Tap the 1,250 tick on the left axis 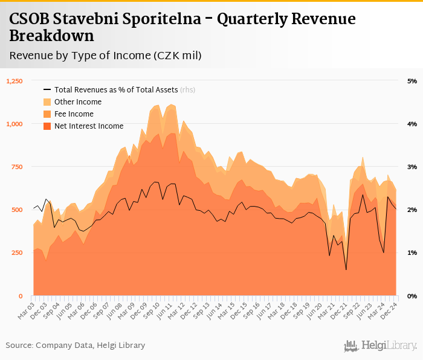click(15, 81)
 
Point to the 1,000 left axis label click(15, 124)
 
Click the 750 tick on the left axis click(18, 167)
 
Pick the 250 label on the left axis click(18, 253)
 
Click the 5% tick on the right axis click(412, 81)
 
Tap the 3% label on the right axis click(412, 167)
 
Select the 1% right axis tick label click(412, 253)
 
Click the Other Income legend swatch click(47, 102)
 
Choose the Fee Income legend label click(74, 114)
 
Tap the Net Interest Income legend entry click(89, 126)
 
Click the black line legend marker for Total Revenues click(47, 90)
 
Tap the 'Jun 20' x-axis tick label click(315, 310)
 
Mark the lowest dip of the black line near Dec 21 click(346, 269)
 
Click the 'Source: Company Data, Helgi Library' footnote click(76, 346)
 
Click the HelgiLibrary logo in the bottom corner click(381, 346)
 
